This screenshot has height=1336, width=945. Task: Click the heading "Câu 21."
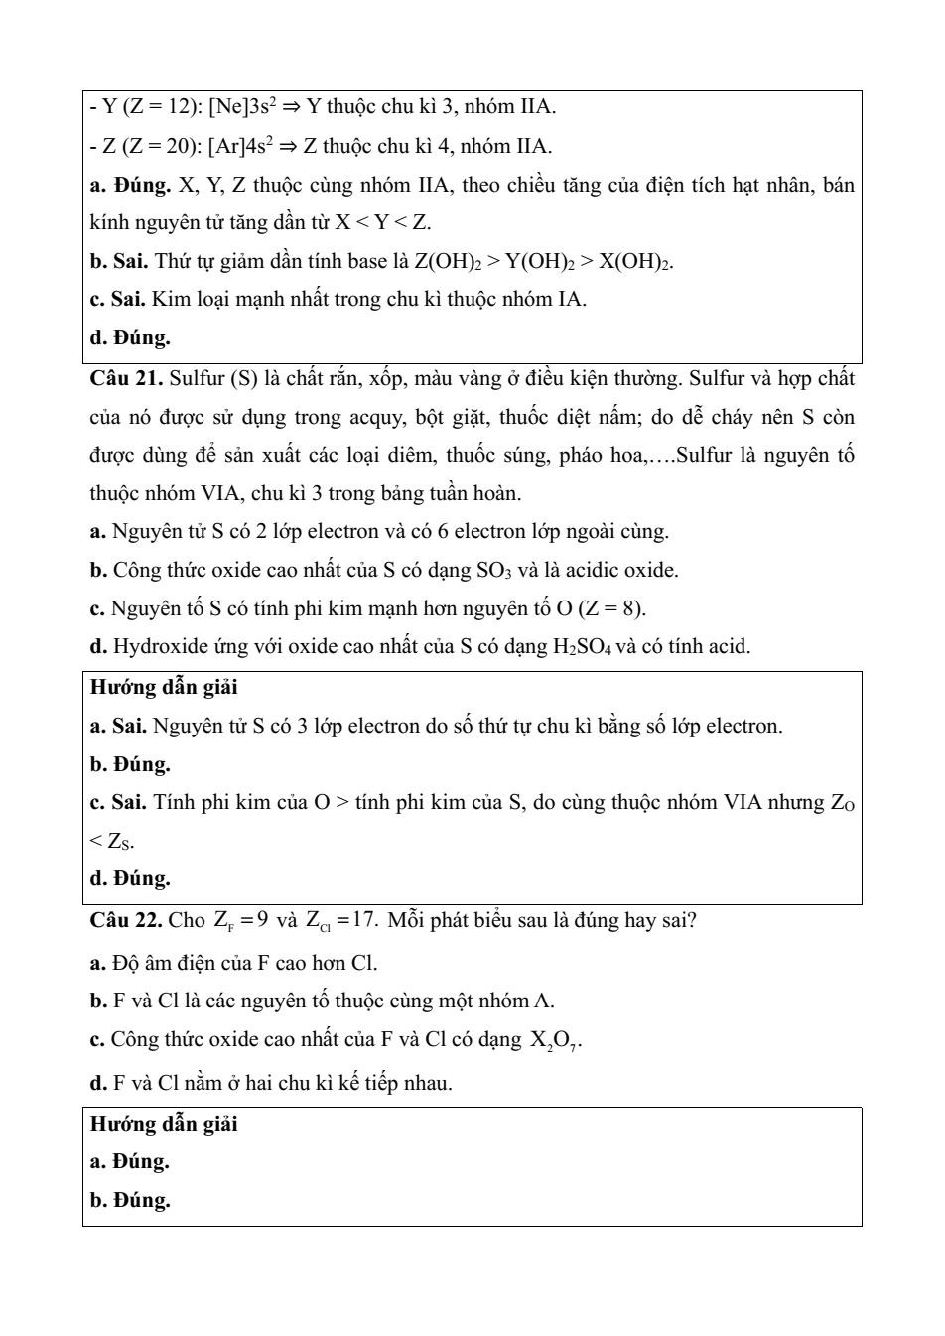point(126,378)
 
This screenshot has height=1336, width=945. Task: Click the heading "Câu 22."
point(126,920)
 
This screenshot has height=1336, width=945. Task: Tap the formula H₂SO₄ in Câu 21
point(584,648)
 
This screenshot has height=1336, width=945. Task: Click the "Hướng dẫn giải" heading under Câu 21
point(164,687)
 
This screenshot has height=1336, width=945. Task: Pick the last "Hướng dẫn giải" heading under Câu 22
point(164,1124)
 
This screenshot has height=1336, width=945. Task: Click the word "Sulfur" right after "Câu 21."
point(198,378)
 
